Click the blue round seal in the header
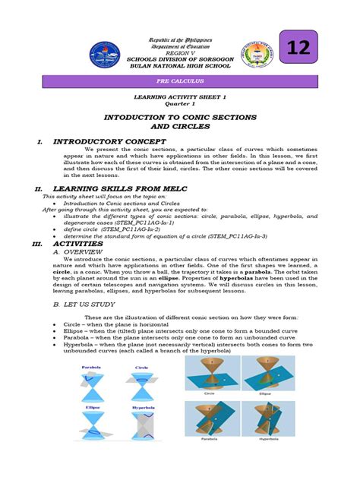[x=105, y=54]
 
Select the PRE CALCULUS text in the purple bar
[x=180, y=81]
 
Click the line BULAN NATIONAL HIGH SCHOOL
[x=180, y=66]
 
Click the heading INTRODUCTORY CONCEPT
[x=109, y=141]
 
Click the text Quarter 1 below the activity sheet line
[x=180, y=104]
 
